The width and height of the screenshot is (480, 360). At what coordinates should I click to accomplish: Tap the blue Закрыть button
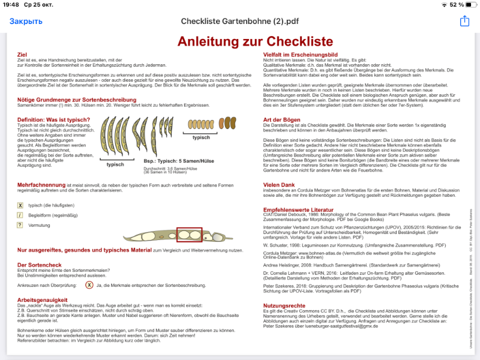click(26, 22)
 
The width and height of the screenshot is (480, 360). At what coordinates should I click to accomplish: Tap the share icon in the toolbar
click(464, 22)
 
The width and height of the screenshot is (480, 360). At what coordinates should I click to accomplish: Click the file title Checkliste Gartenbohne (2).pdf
click(240, 22)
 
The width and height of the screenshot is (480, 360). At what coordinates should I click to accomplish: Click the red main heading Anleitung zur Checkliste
click(255, 41)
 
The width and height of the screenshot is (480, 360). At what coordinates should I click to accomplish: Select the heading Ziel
click(22, 55)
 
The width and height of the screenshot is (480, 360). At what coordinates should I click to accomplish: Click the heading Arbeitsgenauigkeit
click(42, 299)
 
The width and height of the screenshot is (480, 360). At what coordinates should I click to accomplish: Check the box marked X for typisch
click(20, 205)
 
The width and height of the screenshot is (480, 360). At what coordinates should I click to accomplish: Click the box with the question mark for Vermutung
click(20, 225)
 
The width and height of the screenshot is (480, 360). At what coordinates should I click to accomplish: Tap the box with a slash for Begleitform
click(20, 215)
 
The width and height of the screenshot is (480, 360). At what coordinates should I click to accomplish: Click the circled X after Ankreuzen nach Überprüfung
click(89, 285)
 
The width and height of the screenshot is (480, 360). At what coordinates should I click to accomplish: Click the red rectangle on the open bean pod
click(189, 235)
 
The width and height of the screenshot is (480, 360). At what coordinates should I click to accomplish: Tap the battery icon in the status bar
click(467, 5)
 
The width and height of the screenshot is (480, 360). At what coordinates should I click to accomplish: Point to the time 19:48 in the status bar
click(11, 5)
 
